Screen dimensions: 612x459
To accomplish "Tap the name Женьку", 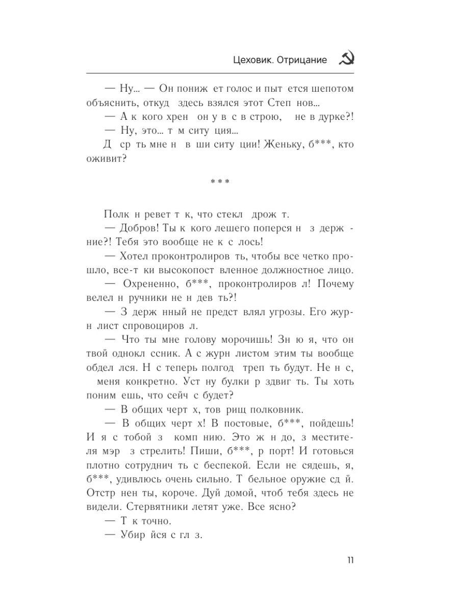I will pyautogui.click(x=274, y=144).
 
